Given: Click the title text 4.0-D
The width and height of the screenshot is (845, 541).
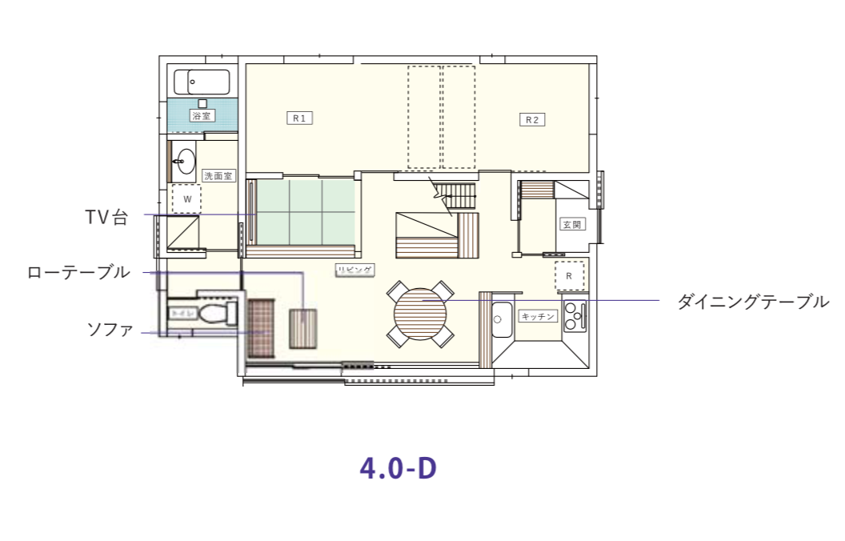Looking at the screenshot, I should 398,468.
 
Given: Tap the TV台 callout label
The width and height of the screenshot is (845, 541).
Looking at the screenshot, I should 106,217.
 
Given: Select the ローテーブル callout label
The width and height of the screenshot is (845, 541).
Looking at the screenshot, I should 78,273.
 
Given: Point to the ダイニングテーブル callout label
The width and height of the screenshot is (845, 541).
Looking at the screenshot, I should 752,302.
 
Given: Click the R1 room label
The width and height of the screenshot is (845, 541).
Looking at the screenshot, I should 299,118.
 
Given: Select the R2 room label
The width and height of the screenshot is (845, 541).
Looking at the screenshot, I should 532,119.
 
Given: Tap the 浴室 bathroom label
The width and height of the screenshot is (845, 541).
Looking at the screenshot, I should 201,116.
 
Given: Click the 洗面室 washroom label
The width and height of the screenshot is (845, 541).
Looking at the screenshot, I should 218,175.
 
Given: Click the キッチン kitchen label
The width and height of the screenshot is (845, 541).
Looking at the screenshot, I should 538,316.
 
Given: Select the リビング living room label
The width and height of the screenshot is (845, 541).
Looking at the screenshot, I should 354,270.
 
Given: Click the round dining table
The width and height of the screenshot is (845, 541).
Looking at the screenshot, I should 420,313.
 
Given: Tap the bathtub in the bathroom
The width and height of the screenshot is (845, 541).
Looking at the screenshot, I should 202,82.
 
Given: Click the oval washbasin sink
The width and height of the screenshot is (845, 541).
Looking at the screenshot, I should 185,162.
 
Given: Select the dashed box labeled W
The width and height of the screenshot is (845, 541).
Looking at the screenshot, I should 186,198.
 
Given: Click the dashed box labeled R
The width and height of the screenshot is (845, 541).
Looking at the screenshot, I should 569,276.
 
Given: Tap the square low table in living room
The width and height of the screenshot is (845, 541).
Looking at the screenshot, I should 303,329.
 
